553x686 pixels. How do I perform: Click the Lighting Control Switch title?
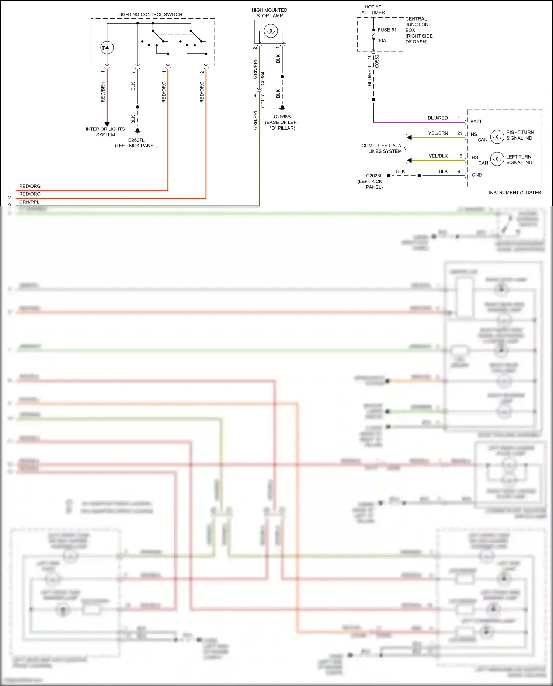(x=150, y=15)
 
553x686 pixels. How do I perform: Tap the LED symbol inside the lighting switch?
(x=107, y=48)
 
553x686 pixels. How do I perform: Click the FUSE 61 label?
(x=387, y=30)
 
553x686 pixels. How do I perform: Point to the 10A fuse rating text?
(x=382, y=41)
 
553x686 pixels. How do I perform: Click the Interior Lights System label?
(x=105, y=132)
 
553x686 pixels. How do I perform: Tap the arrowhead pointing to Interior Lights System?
(x=107, y=125)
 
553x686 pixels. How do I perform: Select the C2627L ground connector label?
(x=136, y=140)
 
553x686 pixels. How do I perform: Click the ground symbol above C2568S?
(x=282, y=108)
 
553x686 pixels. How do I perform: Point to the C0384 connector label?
(x=262, y=79)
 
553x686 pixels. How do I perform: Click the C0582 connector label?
(x=377, y=61)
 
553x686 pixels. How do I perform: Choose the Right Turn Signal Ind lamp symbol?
(x=497, y=137)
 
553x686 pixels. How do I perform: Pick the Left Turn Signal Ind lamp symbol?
(x=497, y=159)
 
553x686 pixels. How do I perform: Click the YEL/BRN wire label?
(x=438, y=133)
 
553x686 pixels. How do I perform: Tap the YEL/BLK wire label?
(x=438, y=156)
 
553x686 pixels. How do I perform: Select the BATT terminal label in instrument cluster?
(x=476, y=121)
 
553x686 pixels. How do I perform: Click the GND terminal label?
(x=477, y=175)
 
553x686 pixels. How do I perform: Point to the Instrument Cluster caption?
(x=515, y=192)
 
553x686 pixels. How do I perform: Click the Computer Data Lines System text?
(x=382, y=148)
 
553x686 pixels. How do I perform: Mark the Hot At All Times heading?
(x=373, y=10)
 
